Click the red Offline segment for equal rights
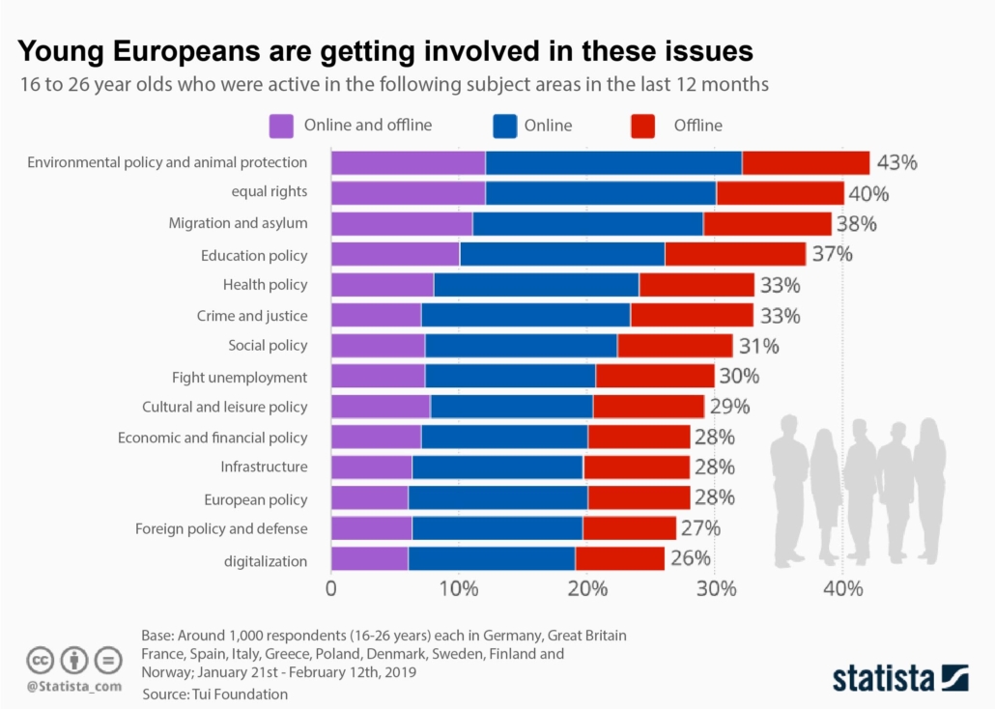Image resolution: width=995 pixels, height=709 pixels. point(780,193)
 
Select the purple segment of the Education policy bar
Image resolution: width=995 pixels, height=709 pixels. point(395,254)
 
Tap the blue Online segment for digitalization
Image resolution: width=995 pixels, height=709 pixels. point(491,558)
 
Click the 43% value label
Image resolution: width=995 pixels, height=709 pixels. point(896,162)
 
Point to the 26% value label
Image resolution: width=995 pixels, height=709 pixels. point(691,558)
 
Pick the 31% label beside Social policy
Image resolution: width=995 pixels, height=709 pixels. point(758,346)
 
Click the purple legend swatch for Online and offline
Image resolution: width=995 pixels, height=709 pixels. point(281,126)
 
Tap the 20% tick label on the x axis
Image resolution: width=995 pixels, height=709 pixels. point(586,589)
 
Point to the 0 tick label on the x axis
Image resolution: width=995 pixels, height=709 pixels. point(331,589)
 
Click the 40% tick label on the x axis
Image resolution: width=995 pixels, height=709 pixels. point(842,589)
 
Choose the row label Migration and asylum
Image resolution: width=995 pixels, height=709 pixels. point(238,223)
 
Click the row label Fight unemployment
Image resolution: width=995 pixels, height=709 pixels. point(240,377)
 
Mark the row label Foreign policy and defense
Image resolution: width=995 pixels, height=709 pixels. point(221,528)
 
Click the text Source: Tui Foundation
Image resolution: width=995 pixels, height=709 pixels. point(214,694)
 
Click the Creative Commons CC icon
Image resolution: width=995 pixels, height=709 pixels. point(41,661)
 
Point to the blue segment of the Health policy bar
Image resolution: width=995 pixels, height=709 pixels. point(536,285)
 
